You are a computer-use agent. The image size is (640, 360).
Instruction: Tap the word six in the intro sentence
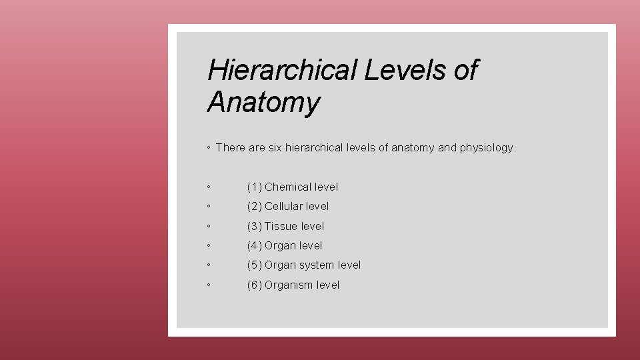pos(275,148)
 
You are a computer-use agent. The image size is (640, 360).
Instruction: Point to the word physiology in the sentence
pos(487,148)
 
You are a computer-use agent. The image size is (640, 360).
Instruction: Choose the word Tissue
pos(281,227)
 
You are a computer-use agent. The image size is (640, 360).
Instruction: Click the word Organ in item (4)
pos(280,246)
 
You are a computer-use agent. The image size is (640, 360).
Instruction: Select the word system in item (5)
pos(317,265)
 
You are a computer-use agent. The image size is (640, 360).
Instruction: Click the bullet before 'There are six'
pos(209,148)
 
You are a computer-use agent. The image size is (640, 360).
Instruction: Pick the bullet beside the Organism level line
pos(209,285)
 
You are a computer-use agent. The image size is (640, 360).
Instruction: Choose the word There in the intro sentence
pos(231,148)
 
